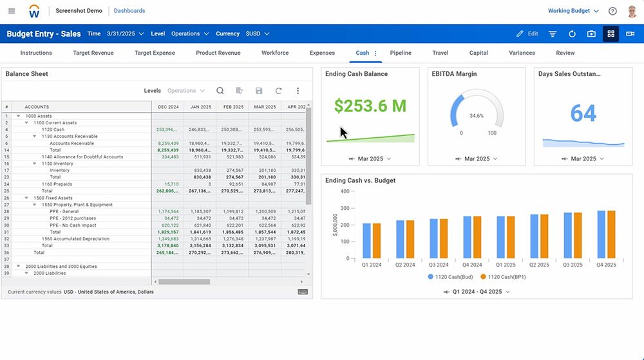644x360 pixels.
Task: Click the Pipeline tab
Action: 401,53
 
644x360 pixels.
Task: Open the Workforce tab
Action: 275,53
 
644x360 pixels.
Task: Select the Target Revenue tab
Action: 93,53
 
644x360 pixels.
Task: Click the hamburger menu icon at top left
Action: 12,11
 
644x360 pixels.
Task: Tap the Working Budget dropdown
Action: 573,11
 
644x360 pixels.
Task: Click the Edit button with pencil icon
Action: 527,34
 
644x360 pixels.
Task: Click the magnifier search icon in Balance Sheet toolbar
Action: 220,91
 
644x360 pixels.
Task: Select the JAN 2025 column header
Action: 200,107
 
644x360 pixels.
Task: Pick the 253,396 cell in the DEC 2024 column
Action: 167,129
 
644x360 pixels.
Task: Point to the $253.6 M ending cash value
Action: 370,105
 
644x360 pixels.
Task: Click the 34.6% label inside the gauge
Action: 477,116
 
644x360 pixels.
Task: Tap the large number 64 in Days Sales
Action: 583,113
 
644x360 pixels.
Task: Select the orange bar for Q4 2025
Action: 611,234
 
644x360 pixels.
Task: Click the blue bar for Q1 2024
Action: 366,241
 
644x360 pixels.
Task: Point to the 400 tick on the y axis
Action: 345,191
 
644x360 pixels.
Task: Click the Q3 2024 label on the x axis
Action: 439,265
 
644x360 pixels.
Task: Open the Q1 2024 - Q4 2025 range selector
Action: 477,292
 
